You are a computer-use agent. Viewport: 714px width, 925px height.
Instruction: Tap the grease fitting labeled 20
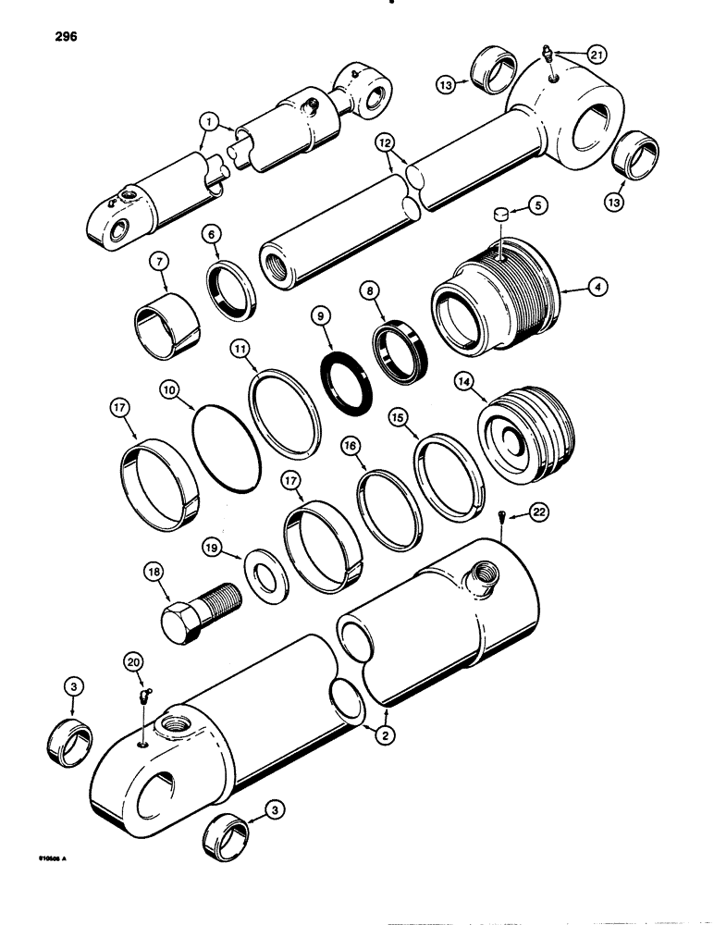[146, 696]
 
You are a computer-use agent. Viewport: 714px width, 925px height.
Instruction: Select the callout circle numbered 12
[386, 142]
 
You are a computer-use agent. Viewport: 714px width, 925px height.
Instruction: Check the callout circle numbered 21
[597, 55]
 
